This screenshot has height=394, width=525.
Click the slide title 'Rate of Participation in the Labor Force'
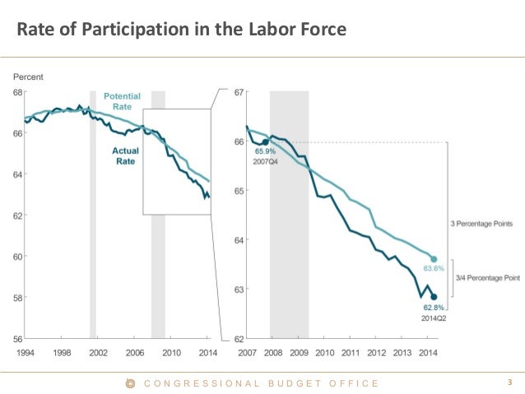tap(182, 30)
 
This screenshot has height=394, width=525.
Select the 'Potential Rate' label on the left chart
tap(123, 102)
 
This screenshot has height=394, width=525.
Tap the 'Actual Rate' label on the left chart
tap(125, 156)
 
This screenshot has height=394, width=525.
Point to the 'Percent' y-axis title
tap(29, 76)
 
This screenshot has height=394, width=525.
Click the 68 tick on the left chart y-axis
tap(16, 92)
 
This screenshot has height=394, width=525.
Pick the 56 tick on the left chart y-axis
tap(16, 339)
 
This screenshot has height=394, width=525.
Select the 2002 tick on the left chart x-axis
tap(98, 352)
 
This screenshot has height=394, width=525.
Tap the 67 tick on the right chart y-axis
tap(239, 92)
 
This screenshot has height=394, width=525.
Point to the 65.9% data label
tap(265, 151)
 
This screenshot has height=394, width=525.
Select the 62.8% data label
tap(433, 307)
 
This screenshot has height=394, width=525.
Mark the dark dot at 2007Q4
tap(265, 141)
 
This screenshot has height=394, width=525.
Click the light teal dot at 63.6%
tap(434, 259)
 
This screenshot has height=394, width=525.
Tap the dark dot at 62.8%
tap(434, 297)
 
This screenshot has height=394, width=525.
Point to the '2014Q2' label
tap(434, 316)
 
